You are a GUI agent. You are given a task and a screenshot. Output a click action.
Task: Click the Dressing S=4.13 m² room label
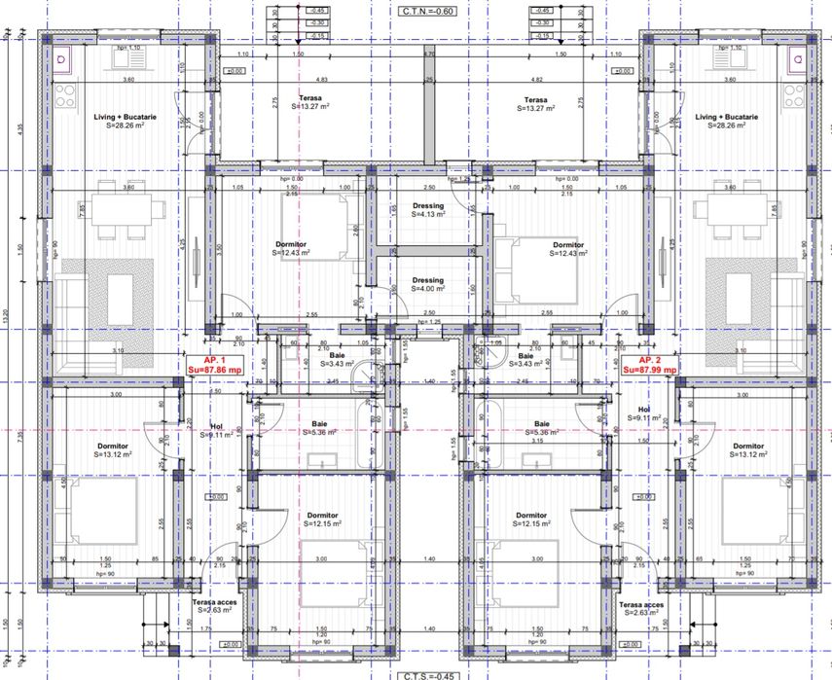(428, 210)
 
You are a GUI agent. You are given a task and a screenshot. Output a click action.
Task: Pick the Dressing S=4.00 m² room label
(427, 284)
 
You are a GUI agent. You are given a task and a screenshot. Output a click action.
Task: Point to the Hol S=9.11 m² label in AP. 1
(222, 431)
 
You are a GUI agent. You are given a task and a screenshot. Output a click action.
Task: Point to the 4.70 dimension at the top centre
(428, 55)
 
